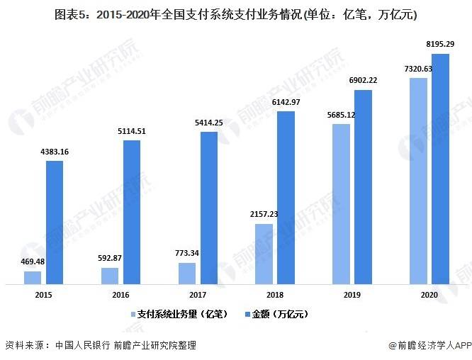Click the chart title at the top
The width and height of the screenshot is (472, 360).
click(236, 13)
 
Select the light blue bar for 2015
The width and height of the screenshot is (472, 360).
click(33, 277)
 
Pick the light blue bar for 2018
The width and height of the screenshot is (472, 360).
click(264, 254)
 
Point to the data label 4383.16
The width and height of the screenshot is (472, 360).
click(55, 152)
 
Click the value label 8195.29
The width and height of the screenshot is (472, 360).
click(440, 44)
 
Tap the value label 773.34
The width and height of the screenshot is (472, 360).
click(186, 253)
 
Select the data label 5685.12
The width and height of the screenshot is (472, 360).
click(342, 114)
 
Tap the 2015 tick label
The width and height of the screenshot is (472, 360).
click(43, 293)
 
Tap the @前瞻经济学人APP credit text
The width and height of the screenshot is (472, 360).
click(429, 345)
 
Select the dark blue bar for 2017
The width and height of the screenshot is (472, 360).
click(208, 208)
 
